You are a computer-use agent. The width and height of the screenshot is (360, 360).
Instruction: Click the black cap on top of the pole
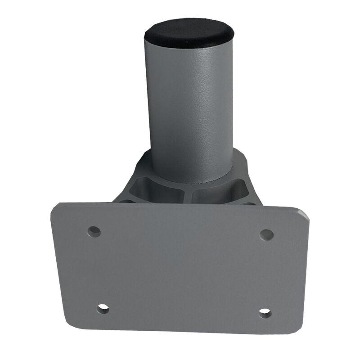coord(189,32)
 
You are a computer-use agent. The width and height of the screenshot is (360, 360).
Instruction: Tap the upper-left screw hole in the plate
coord(94,231)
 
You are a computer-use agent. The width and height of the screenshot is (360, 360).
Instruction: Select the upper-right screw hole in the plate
coord(266,234)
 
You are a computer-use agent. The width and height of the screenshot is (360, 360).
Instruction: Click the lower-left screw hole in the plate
coord(103,308)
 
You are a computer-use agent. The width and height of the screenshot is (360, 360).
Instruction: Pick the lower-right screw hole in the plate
coord(265,313)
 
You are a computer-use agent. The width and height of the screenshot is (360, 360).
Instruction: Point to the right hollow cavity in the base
coord(220,192)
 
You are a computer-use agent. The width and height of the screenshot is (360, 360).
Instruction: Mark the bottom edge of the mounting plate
coord(180,331)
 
